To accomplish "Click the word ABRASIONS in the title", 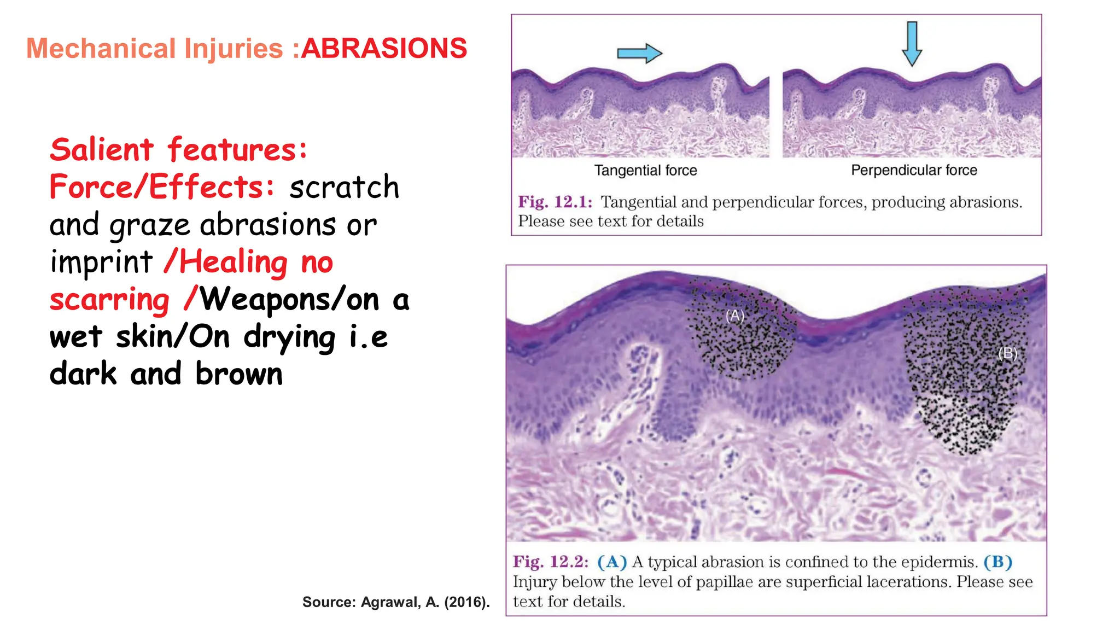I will click(x=384, y=48).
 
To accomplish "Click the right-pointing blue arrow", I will click(x=639, y=53).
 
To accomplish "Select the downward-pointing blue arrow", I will click(x=912, y=44).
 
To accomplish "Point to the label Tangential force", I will click(x=645, y=171).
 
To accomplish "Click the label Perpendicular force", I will click(x=914, y=171).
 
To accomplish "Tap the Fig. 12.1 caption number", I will click(x=555, y=202).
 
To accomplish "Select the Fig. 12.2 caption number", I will click(x=551, y=562).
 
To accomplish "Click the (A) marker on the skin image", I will click(x=735, y=316).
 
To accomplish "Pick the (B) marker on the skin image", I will click(x=1007, y=353).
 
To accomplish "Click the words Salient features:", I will click(x=178, y=150).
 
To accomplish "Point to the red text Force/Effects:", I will click(x=162, y=187).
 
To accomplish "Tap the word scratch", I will click(x=345, y=187).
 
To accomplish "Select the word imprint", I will click(x=101, y=262).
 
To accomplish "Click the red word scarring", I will click(x=109, y=300).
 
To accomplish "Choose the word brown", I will click(x=239, y=374).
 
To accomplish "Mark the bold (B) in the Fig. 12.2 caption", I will click(x=997, y=562).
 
